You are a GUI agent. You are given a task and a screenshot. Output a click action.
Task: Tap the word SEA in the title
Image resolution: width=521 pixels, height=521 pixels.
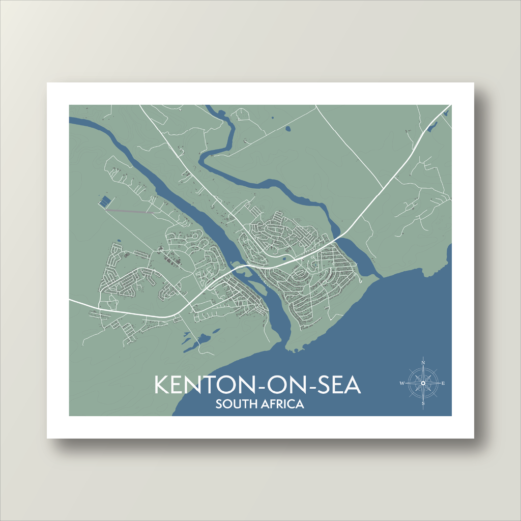pos(337,385)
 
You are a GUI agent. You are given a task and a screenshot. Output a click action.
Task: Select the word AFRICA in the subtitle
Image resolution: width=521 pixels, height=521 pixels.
pos(281,404)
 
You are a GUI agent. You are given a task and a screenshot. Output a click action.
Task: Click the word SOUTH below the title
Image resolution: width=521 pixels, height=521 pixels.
pos(235,404)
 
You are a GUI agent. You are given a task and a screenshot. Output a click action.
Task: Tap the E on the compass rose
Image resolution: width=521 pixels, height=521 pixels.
pos(444,383)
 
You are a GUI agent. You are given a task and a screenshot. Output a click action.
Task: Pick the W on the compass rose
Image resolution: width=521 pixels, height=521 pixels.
pos(402,383)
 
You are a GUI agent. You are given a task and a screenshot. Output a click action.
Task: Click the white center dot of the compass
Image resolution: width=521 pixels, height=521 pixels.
pos(423,383)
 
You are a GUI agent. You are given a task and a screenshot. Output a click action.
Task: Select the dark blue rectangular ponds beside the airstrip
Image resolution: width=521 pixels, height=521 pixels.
pos(104,201)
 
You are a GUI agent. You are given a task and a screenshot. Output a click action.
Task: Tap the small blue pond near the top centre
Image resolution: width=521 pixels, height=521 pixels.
pos(288,129)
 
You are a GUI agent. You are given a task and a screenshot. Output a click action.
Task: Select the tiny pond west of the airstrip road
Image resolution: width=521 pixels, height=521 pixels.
pos(119,241)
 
